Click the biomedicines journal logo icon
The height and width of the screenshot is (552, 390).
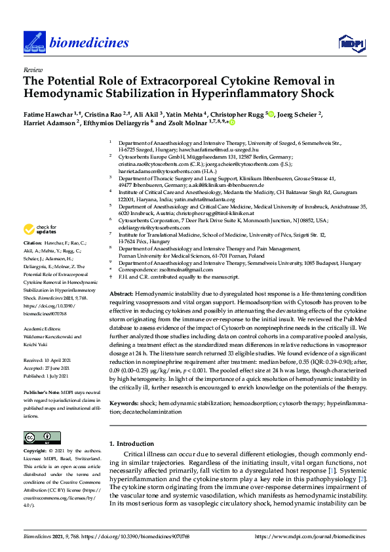pyautogui.click(x=33, y=43)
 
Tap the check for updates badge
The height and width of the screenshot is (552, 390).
pyautogui.click(x=39, y=229)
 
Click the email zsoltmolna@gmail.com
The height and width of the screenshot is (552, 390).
pyautogui.click(x=167, y=269)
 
